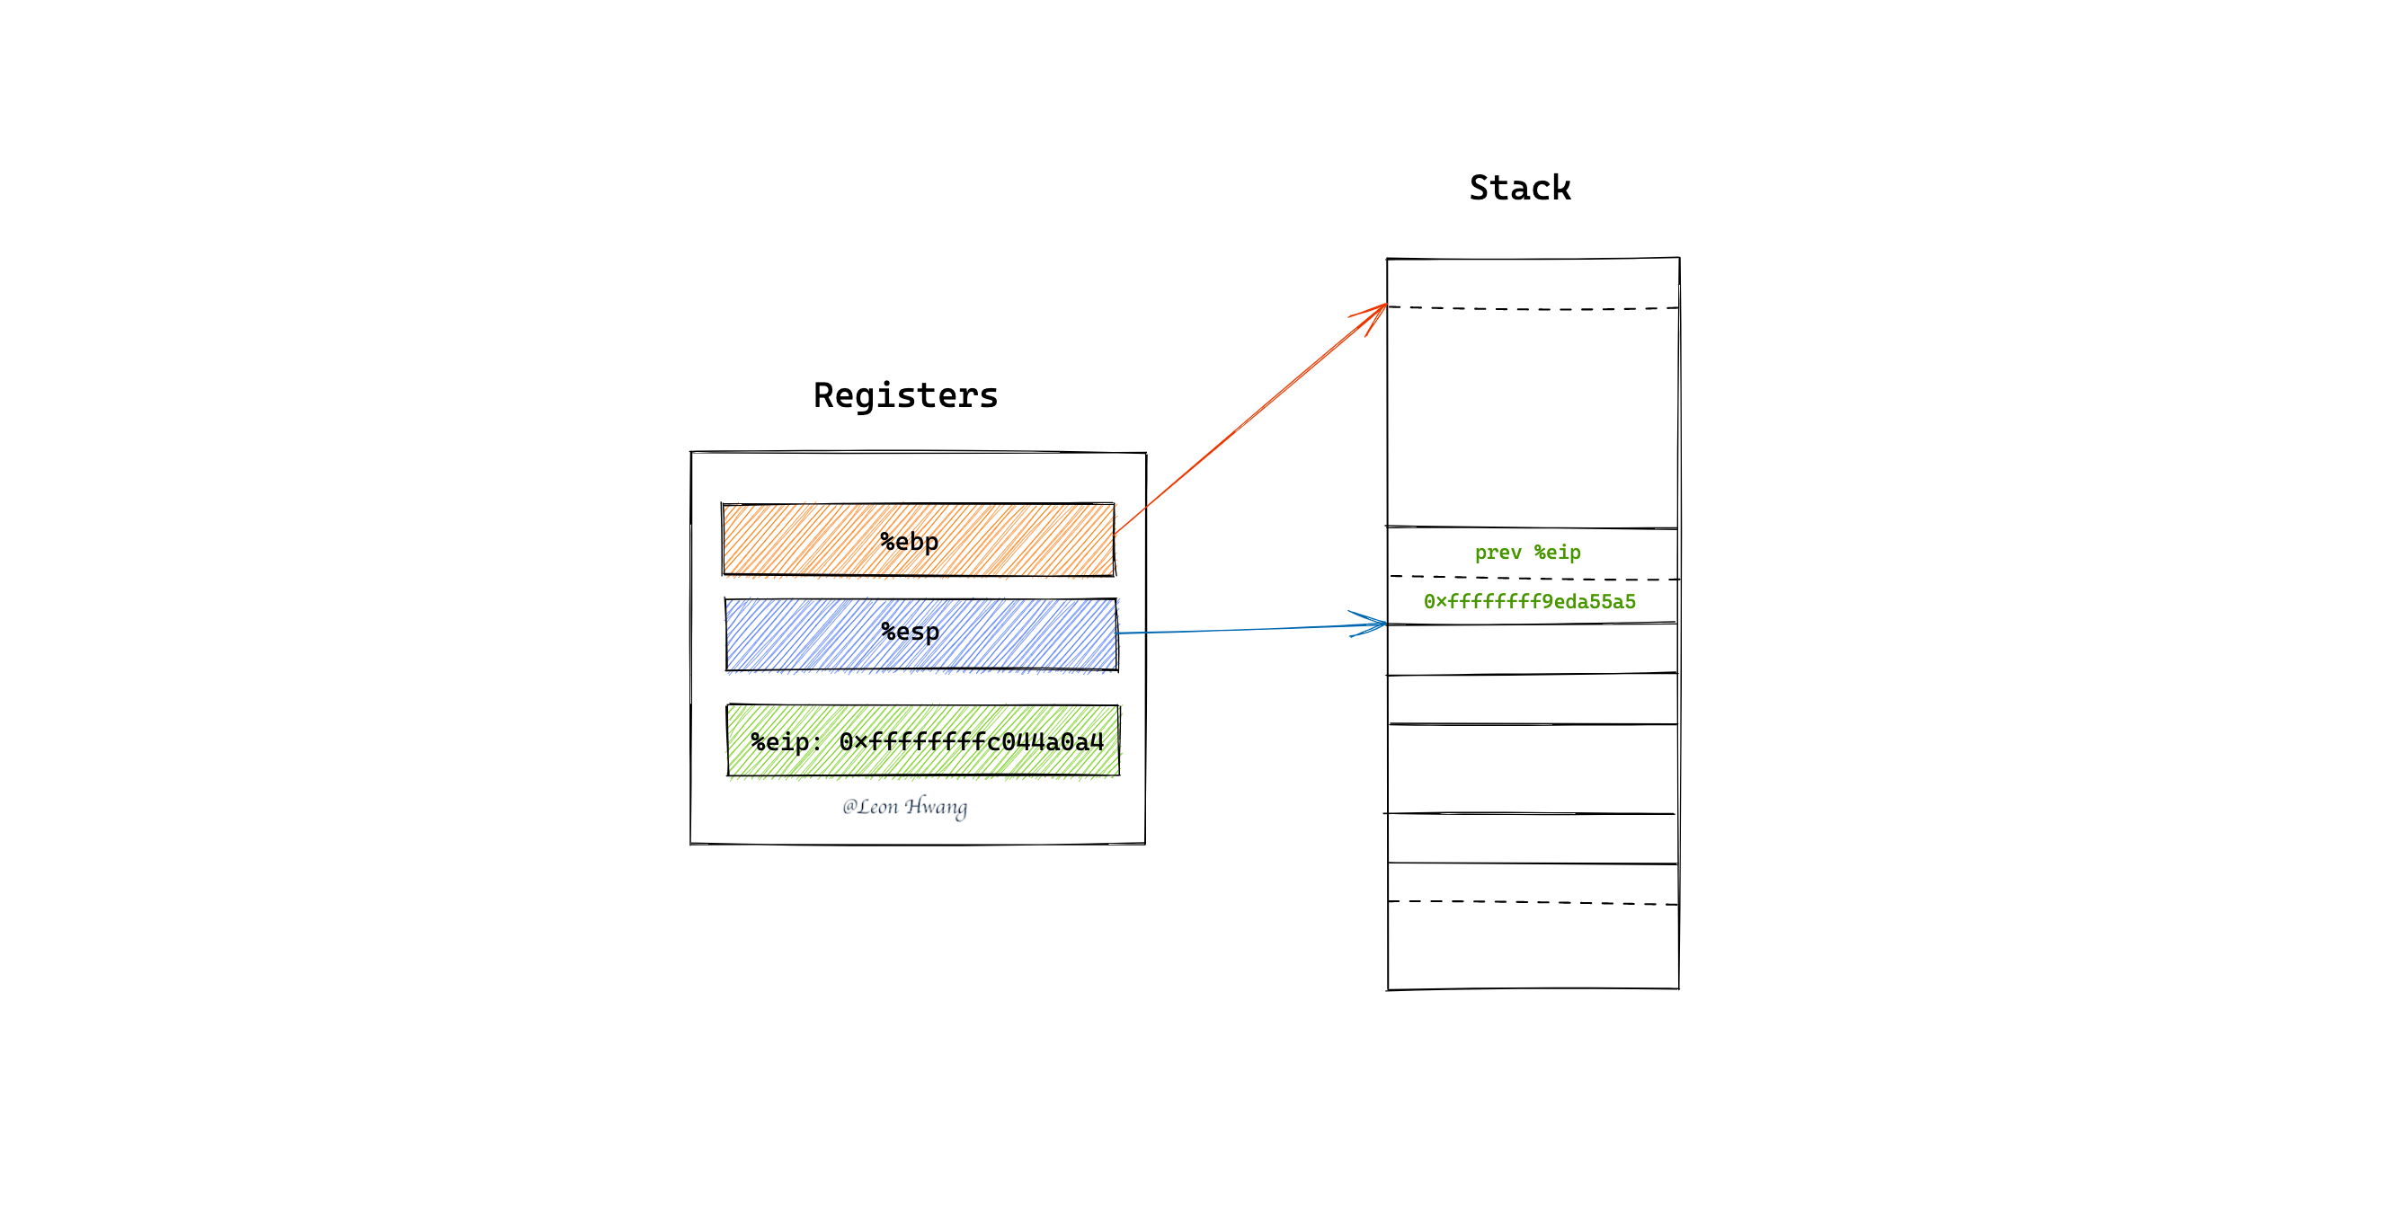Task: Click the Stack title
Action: [1519, 189]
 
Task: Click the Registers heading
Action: [906, 396]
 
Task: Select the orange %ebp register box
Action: [918, 540]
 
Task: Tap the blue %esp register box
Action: [920, 634]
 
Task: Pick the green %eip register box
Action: [923, 740]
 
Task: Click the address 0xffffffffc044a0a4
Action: [972, 742]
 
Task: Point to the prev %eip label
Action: [1528, 553]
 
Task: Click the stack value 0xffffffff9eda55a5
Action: [1530, 601]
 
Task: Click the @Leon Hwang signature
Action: [905, 806]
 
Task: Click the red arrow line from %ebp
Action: [1250, 420]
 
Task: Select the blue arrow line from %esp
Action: [1252, 629]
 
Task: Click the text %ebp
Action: [910, 542]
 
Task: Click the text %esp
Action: [911, 632]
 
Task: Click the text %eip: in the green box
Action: [787, 742]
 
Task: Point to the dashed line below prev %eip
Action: [1533, 578]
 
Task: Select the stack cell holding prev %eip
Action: [1533, 553]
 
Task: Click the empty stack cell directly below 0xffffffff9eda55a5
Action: [1533, 650]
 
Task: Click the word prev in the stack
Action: [1498, 553]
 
